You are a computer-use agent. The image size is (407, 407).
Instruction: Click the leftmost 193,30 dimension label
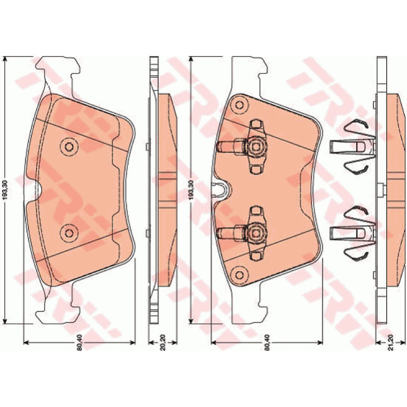6,190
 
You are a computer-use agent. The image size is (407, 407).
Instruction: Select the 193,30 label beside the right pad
192,190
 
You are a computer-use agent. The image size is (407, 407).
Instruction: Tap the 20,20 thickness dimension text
163,342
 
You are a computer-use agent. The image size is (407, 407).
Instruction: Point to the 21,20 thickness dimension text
391,342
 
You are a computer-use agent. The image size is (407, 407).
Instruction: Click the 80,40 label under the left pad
79,342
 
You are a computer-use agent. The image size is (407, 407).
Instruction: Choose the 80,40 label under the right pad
268,342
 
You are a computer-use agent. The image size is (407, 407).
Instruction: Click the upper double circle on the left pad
69,147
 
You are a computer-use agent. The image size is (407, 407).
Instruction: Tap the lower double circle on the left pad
69,233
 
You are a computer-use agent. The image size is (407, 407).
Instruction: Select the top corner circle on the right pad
239,105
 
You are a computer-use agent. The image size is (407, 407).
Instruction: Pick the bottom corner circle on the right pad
239,275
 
